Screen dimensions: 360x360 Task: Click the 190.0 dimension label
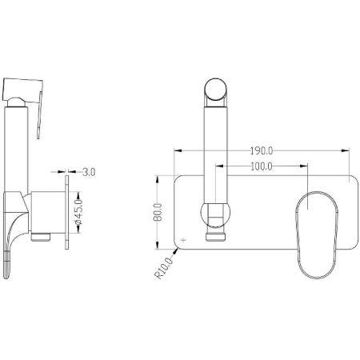point(262,151)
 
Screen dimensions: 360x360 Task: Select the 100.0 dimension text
point(262,166)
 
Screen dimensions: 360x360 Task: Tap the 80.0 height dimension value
point(158,212)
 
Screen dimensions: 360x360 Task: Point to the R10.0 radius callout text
point(163,268)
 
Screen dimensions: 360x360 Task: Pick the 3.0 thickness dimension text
point(89,172)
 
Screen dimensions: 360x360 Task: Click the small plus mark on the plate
point(183,240)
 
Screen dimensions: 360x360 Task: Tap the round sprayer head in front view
point(215,90)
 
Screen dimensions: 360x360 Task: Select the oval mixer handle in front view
point(317,235)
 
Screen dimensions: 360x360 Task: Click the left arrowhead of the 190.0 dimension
point(178,150)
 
